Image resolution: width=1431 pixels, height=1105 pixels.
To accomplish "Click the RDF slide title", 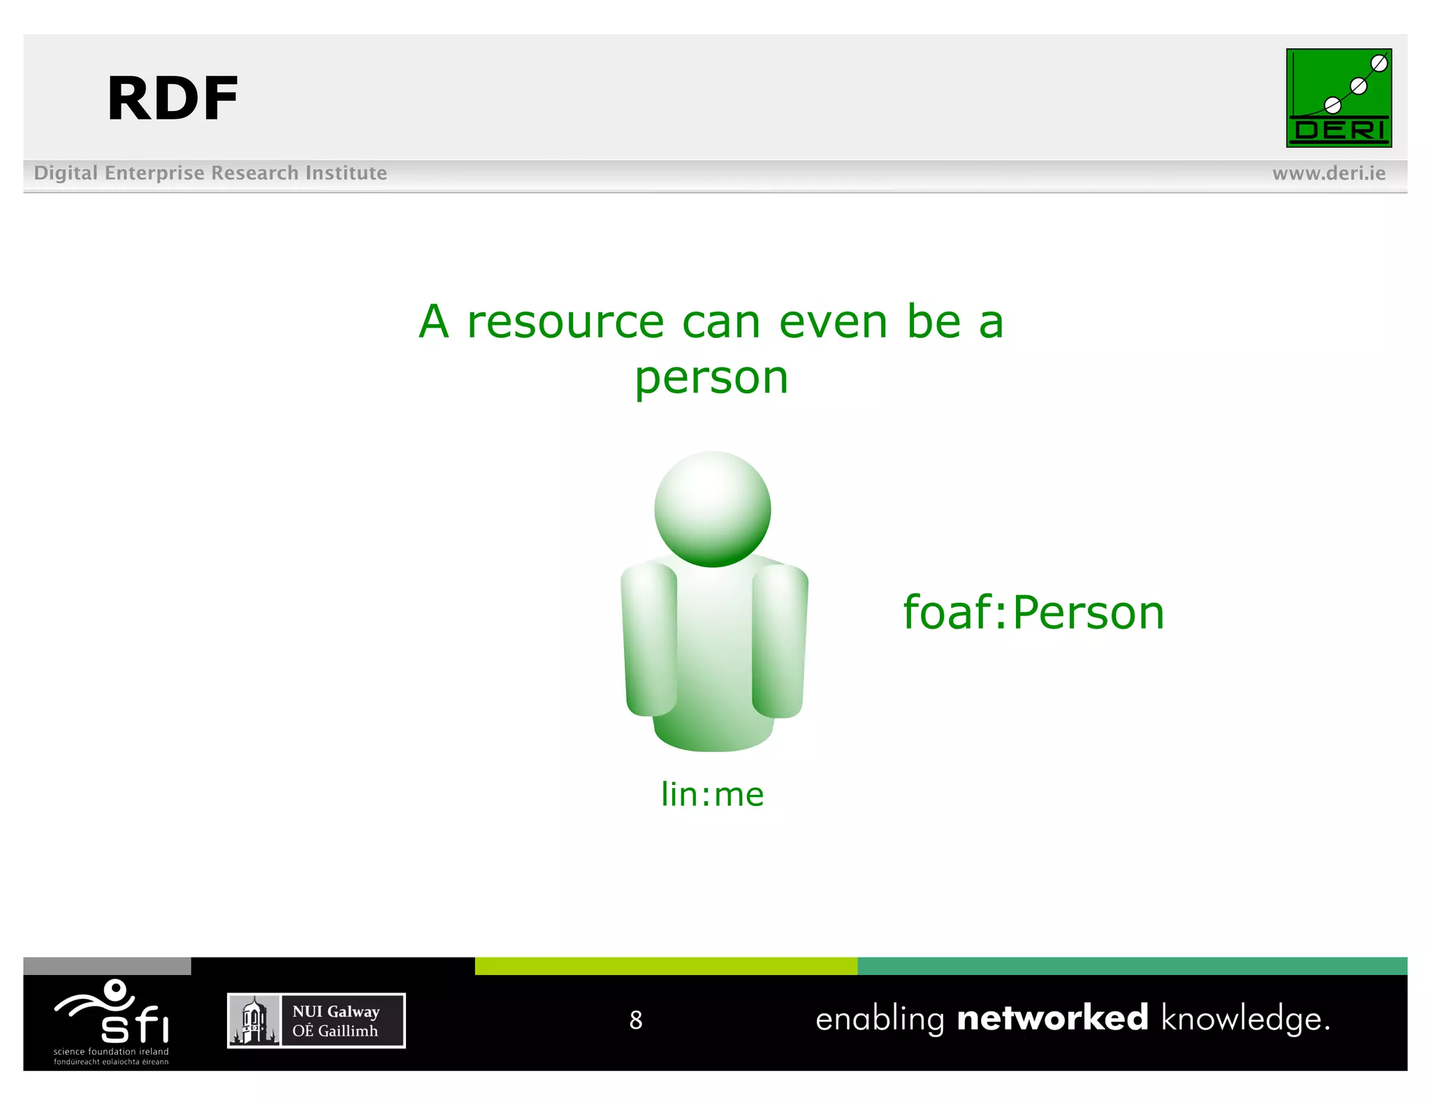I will click(172, 99).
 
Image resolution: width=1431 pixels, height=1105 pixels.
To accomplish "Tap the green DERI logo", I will click(1338, 98).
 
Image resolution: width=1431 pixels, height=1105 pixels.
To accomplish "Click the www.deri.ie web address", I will click(1328, 173).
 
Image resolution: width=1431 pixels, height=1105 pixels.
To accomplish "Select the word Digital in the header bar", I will click(66, 173).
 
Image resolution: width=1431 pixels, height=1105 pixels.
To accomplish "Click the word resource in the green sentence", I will click(565, 323).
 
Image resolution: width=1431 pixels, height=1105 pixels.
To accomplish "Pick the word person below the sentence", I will click(711, 379).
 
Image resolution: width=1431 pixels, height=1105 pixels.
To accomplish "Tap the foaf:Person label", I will click(1033, 613).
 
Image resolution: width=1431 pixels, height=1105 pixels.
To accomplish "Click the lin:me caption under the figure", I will click(712, 795).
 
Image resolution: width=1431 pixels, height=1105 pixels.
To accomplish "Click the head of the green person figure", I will click(712, 508).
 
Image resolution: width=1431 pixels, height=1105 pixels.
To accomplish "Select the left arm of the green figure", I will click(650, 639).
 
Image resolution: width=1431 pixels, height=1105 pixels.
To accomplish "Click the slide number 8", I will click(635, 1020).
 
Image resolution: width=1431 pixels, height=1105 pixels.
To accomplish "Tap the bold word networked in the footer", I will click(1052, 1018).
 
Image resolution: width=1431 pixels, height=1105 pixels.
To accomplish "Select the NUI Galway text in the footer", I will click(335, 1011).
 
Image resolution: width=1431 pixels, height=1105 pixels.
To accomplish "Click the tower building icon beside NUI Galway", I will click(254, 1021).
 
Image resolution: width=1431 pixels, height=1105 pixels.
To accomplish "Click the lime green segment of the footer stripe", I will click(665, 966).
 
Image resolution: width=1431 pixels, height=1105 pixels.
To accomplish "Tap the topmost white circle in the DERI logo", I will click(1379, 64).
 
